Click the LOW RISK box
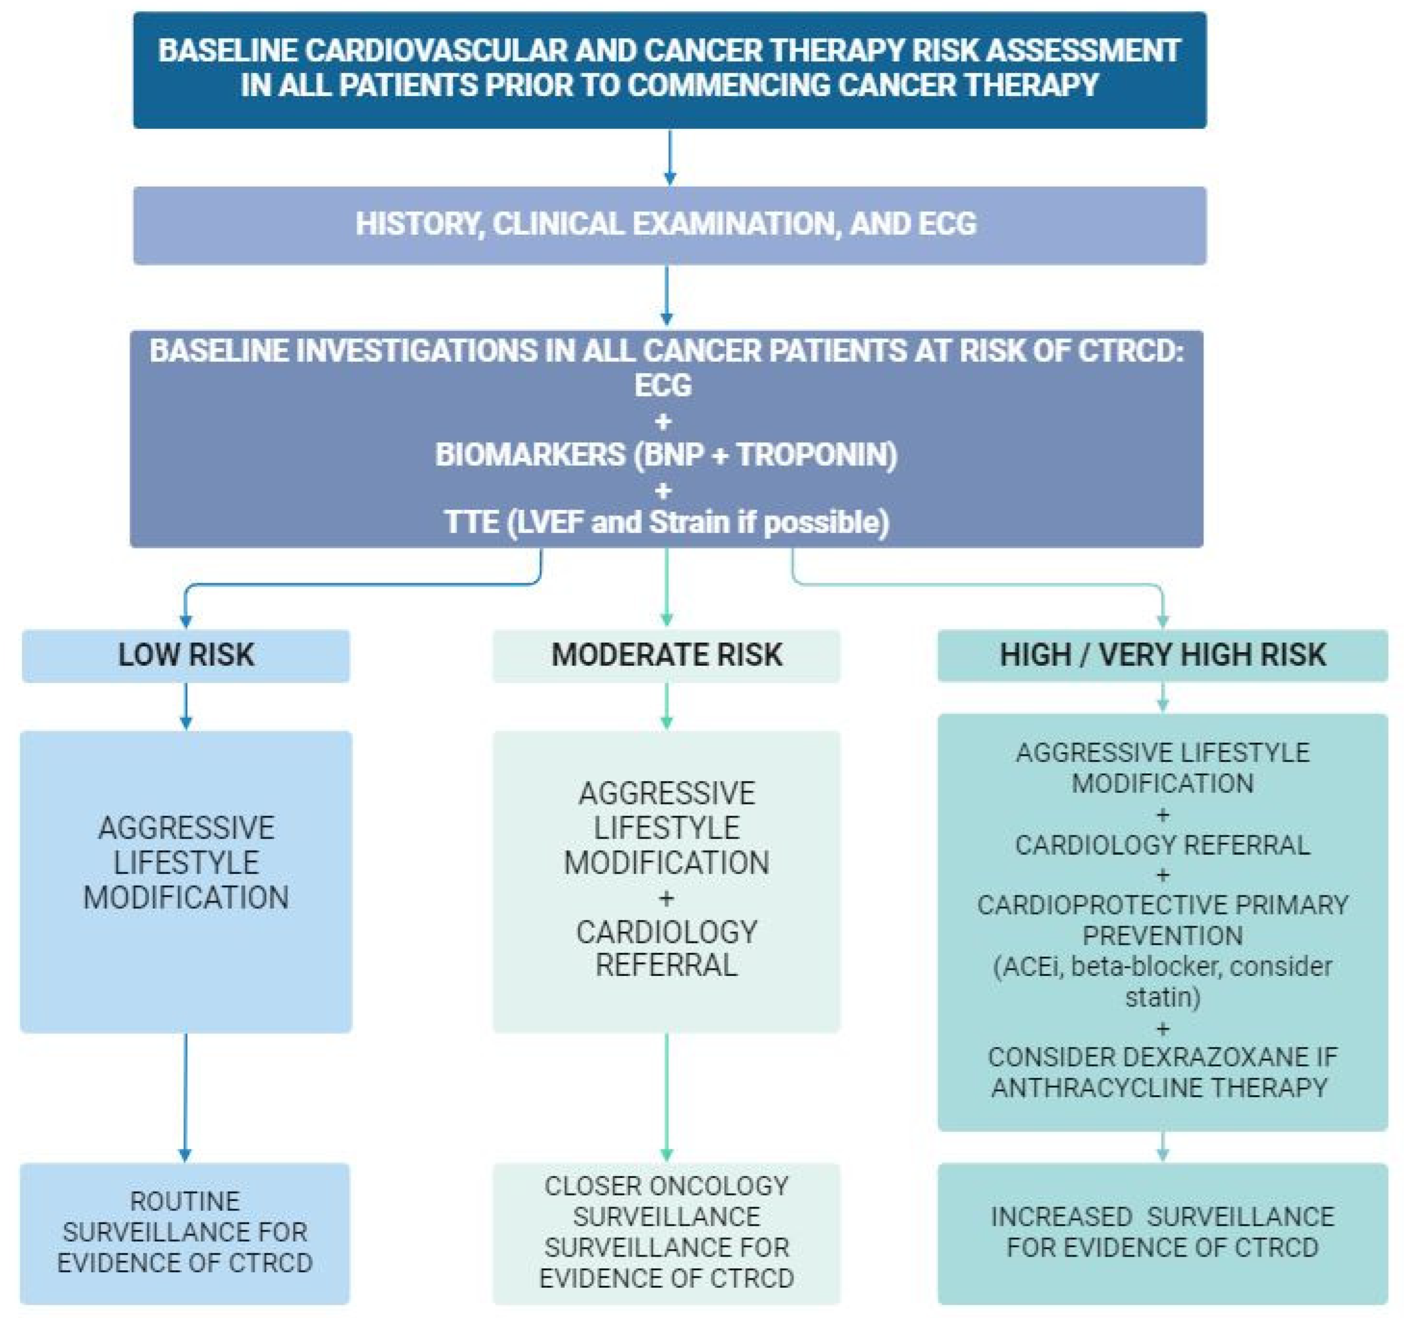click(x=185, y=656)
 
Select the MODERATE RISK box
click(x=666, y=656)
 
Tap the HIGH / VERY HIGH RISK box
click(x=1162, y=656)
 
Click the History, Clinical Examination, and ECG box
click(x=669, y=225)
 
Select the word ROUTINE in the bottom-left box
click(x=185, y=1201)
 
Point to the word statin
click(x=1162, y=997)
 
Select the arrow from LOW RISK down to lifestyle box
click(x=185, y=706)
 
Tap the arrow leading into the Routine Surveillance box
click(x=185, y=1097)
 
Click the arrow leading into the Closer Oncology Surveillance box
click(x=666, y=1097)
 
